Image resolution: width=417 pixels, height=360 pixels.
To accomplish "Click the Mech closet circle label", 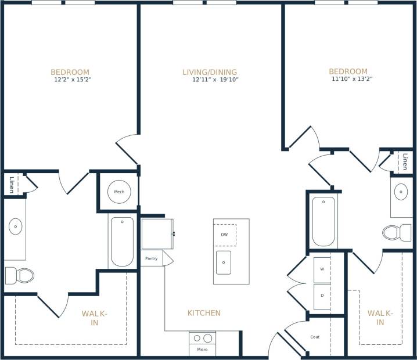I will click(119, 192).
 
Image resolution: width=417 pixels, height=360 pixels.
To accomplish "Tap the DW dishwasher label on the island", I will click(224, 235).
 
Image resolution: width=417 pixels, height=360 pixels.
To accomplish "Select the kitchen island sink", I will click(224, 262).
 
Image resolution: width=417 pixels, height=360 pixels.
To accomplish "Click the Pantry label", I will click(151, 258).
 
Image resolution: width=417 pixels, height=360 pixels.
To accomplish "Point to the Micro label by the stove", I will click(202, 349).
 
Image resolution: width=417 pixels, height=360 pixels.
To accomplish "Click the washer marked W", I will click(322, 269).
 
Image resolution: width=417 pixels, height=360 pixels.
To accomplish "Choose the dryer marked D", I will click(322, 296).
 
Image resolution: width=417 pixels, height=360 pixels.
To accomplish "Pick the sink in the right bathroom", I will click(401, 191).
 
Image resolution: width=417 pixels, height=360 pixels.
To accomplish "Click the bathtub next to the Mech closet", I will click(122, 241).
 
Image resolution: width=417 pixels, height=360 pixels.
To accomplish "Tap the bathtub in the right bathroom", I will click(323, 222).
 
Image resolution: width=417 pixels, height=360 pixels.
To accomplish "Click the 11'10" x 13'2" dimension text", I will click(351, 79).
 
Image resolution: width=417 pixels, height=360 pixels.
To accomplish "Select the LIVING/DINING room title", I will click(210, 72).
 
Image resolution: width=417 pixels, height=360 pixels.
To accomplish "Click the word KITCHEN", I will click(204, 313).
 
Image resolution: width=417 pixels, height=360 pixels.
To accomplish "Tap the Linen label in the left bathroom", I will click(11, 184).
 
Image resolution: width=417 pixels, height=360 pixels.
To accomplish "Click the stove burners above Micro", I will click(202, 338).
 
